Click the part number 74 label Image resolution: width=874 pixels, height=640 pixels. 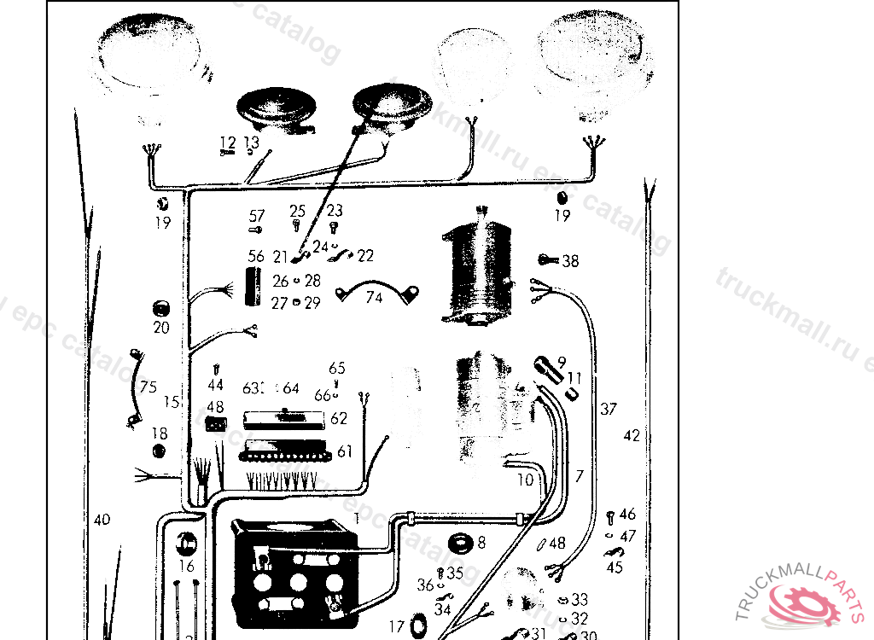[374, 298]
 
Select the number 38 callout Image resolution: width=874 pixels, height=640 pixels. [570, 261]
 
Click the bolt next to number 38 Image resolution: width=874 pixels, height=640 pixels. [547, 259]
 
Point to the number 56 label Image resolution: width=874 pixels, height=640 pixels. [256, 257]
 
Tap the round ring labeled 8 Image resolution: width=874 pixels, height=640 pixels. [462, 543]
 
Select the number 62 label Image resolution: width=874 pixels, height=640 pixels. [339, 418]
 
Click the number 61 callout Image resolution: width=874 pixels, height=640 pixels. [344, 451]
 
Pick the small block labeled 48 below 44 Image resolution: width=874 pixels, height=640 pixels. [216, 423]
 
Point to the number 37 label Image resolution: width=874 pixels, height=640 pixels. [608, 410]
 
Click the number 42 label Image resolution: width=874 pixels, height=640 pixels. [632, 435]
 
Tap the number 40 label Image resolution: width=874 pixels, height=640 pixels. [102, 519]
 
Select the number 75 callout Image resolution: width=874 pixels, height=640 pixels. [149, 387]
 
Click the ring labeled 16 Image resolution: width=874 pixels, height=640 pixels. [187, 544]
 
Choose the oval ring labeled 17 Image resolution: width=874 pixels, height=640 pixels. [419, 625]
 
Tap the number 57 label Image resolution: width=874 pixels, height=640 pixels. [257, 216]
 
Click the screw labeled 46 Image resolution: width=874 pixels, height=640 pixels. [610, 516]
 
